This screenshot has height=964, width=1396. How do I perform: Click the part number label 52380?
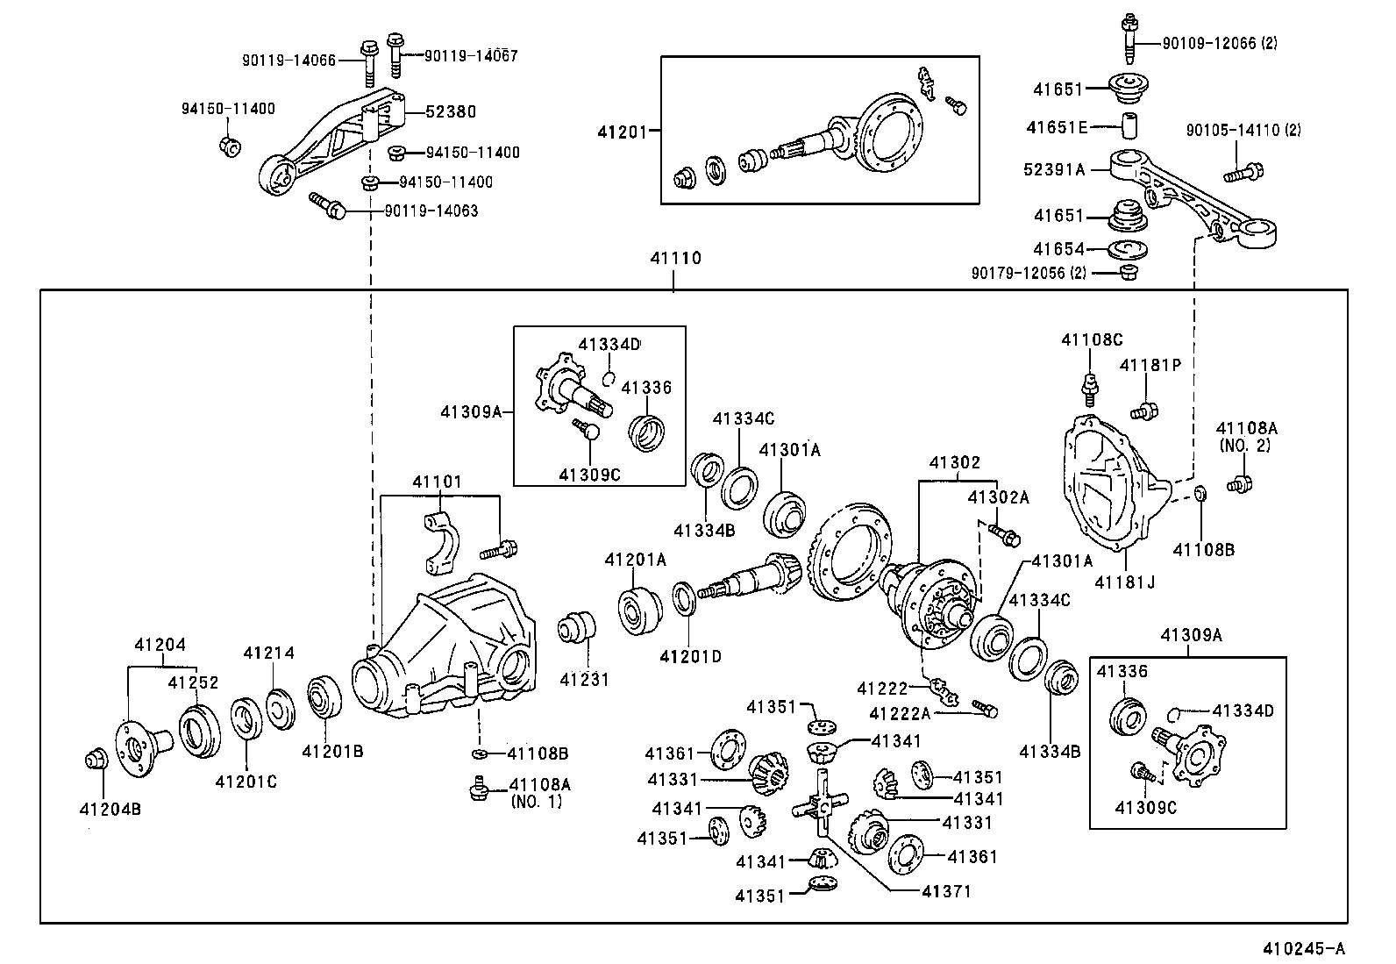pos(451,111)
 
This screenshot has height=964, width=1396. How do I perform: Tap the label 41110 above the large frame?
pos(675,259)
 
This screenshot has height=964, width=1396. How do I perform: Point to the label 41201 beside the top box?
pos(622,132)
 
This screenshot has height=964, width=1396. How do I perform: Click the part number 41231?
pos(584,679)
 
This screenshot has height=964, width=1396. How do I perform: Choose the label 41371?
pos(947,891)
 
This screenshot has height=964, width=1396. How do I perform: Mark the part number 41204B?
pos(110,809)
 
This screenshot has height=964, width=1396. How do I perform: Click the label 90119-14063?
pos(431,211)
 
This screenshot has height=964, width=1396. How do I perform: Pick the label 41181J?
pos(1124,581)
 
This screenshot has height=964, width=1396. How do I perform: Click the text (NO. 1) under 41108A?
pos(536,802)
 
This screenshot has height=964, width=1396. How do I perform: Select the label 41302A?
pos(998,498)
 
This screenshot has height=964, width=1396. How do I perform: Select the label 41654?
pos(1058,249)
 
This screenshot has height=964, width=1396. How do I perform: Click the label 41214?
pos(268,653)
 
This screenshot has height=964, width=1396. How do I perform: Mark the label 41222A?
pos(900,714)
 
